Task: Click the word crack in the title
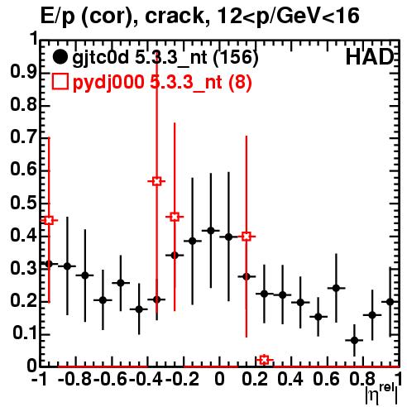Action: pyautogui.click(x=175, y=16)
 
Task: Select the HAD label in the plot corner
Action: pyautogui.click(x=370, y=57)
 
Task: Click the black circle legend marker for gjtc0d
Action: pyautogui.click(x=60, y=57)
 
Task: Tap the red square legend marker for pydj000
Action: pyautogui.click(x=60, y=81)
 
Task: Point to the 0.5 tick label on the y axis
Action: pyautogui.click(x=24, y=203)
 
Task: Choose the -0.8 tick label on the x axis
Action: pyautogui.click(x=75, y=379)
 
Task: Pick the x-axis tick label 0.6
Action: pyautogui.click(x=326, y=379)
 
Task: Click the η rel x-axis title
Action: pyautogui.click(x=382, y=395)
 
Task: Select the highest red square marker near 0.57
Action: pyautogui.click(x=156, y=181)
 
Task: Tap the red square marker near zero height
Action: pyautogui.click(x=264, y=360)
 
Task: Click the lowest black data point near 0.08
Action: pyautogui.click(x=355, y=341)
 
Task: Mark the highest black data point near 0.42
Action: pyautogui.click(x=211, y=231)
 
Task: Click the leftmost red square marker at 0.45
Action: pyautogui.click(x=49, y=220)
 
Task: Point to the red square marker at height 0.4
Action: pyautogui.click(x=247, y=237)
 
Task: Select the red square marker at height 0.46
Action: pyautogui.click(x=175, y=217)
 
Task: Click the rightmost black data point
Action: pyautogui.click(x=390, y=302)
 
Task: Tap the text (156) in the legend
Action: pyautogui.click(x=237, y=58)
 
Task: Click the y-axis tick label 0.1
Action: pyautogui.click(x=24, y=333)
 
